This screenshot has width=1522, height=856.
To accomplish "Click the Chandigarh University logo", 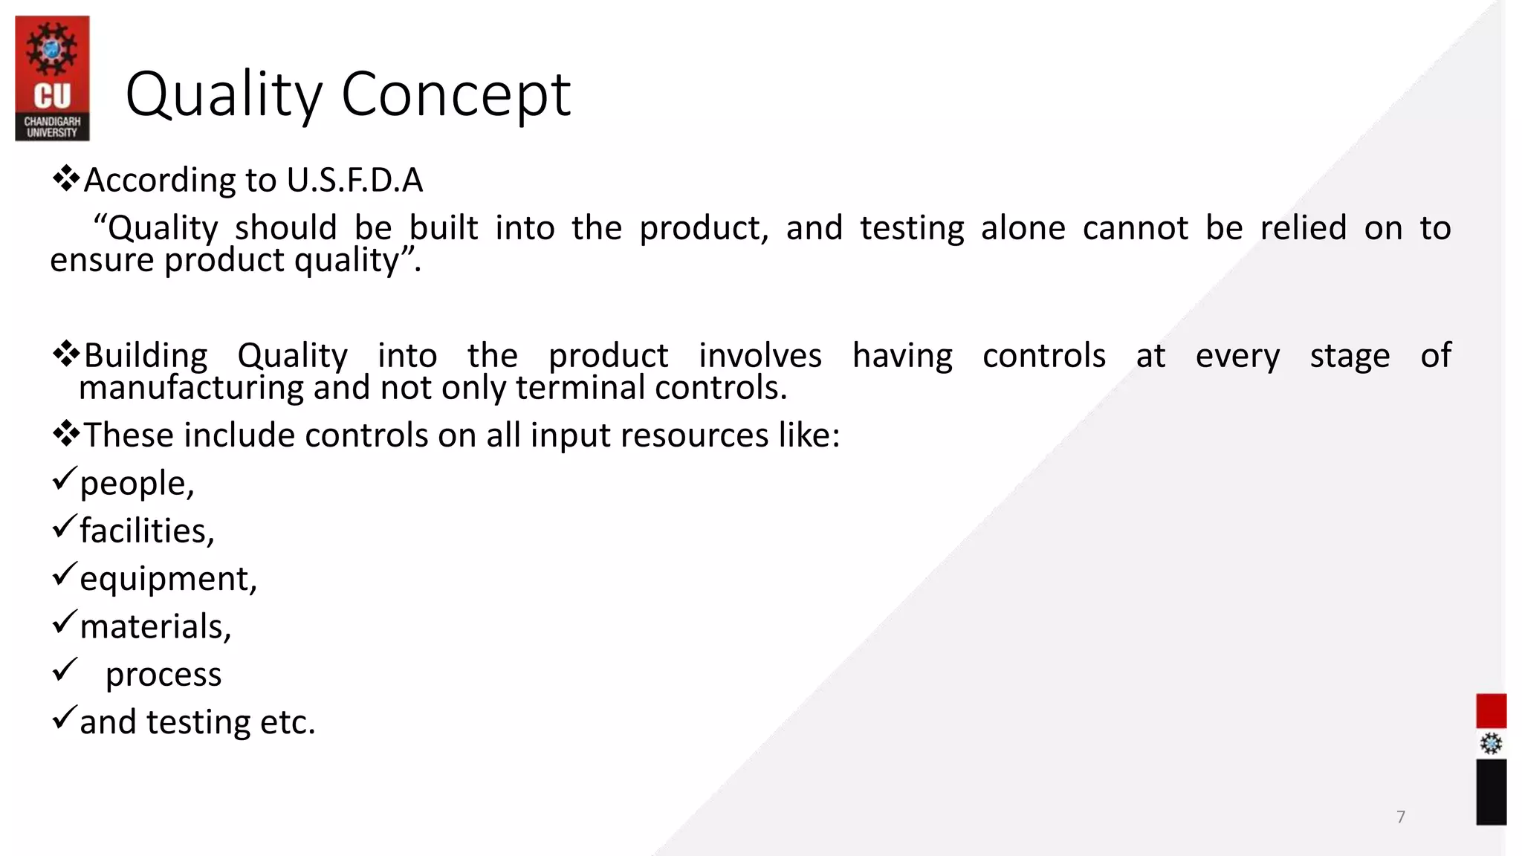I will click(x=52, y=79).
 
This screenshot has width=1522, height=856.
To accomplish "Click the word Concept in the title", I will click(x=456, y=94).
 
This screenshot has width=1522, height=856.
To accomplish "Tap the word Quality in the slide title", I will click(x=224, y=94).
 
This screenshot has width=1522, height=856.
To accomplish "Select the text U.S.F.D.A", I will click(x=354, y=181).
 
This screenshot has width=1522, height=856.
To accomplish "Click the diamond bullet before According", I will click(x=66, y=179).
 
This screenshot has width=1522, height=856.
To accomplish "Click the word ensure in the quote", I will click(x=102, y=260).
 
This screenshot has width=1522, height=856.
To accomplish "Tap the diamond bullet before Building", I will click(x=66, y=354).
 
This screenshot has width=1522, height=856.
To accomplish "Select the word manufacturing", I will click(x=191, y=388).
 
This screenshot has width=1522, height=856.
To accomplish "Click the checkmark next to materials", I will click(x=65, y=622).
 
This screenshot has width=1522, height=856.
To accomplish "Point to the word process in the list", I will click(x=163, y=675).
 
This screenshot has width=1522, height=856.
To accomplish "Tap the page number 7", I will click(x=1401, y=817).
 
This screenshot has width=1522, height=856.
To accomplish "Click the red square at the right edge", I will click(x=1491, y=711).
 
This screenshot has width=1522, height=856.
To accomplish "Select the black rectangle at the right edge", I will click(x=1491, y=792).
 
